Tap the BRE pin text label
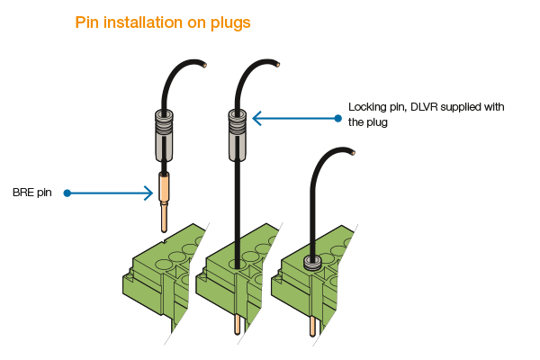[31, 193]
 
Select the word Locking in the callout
[368, 106]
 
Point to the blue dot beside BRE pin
[68, 193]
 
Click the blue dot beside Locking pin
[337, 118]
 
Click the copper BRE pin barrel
[164, 188]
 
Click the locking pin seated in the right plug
[311, 262]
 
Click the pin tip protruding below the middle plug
[238, 325]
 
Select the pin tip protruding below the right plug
[312, 325]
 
